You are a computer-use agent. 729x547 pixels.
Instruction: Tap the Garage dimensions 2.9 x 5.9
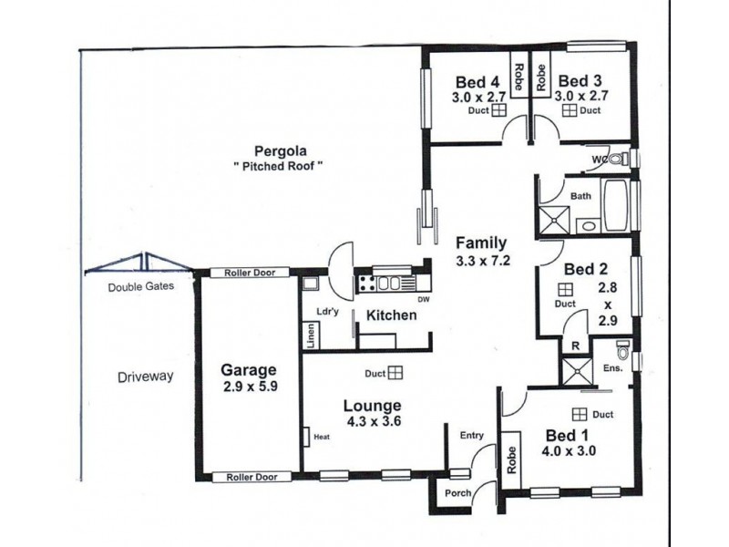tap(248, 387)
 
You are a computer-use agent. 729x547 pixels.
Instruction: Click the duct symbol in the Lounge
tap(395, 372)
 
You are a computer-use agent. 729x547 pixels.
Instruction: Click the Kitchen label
tap(392, 315)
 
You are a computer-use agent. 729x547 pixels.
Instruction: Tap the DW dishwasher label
tap(422, 299)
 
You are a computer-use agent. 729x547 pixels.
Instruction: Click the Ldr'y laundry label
tap(327, 311)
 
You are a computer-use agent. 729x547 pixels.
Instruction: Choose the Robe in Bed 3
tap(539, 77)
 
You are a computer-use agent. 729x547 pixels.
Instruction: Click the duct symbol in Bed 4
tap(499, 111)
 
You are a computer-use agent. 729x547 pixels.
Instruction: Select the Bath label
tap(580, 196)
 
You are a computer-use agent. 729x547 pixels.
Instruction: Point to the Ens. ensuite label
tap(612, 368)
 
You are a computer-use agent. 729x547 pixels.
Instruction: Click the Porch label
tap(457, 493)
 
